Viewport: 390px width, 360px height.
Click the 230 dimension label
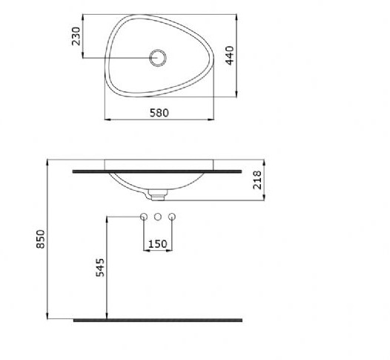[76, 36]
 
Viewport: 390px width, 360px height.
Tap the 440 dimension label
[230, 55]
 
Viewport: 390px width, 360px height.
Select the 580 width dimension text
[159, 113]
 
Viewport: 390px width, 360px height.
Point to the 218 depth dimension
[257, 180]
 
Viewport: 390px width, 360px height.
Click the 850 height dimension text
[41, 239]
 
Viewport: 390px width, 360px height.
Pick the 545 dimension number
[100, 268]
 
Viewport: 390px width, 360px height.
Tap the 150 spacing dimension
[158, 244]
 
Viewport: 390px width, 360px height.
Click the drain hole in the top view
[158, 58]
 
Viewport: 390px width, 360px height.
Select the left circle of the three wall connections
[144, 217]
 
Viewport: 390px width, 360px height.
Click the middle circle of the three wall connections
[158, 217]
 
